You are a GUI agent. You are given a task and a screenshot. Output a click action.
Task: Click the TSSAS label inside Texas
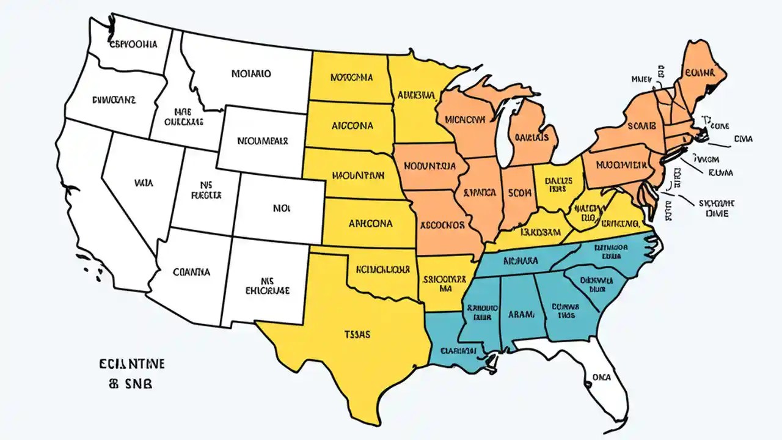point(357,334)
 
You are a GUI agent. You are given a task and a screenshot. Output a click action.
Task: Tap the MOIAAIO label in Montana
point(251,74)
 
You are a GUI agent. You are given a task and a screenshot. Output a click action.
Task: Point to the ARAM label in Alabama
point(521,314)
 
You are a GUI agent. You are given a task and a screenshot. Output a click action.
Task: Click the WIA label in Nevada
point(142,182)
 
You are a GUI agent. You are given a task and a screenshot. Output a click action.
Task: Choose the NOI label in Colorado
point(280,208)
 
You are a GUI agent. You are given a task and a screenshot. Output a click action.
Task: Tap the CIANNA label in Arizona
point(191,271)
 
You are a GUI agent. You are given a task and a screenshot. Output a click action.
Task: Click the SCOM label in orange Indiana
point(520,193)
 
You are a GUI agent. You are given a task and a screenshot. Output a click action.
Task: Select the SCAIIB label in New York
point(641,126)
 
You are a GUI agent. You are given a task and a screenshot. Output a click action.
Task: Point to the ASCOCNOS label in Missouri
point(442,224)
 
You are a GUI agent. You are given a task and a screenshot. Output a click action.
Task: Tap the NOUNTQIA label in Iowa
point(430,166)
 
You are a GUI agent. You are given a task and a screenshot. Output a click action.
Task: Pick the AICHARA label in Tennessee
point(521,260)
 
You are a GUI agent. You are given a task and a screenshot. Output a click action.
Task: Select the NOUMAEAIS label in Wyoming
point(262,141)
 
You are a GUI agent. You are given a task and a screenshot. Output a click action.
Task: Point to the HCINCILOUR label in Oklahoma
point(382,269)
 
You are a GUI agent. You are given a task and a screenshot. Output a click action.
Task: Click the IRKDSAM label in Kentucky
point(540,232)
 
